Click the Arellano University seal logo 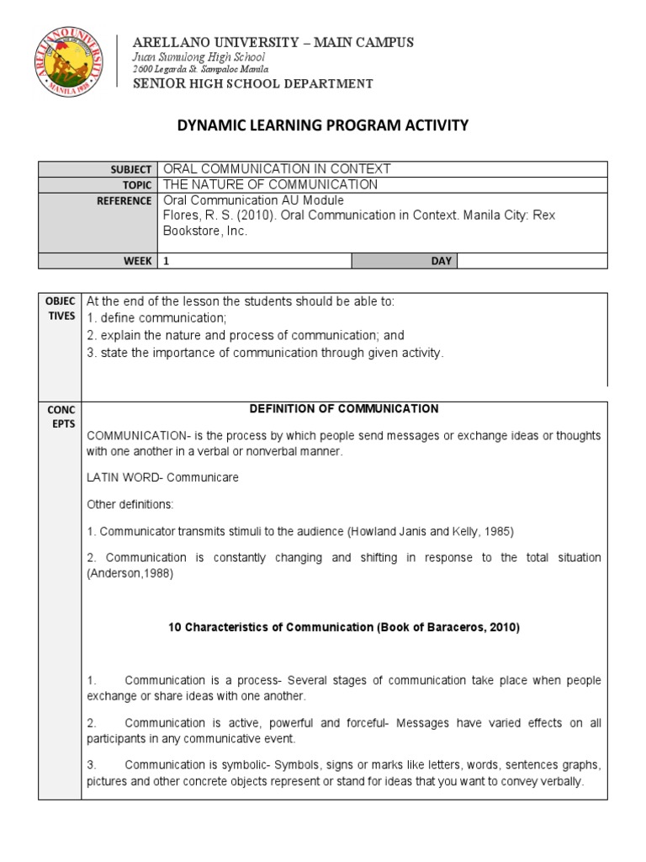71,63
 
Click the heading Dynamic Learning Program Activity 322,125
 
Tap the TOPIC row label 138,185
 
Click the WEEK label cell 138,261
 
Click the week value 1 167,261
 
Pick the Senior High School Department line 253,83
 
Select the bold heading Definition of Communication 344,409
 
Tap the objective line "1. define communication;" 157,318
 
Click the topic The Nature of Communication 270,185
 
